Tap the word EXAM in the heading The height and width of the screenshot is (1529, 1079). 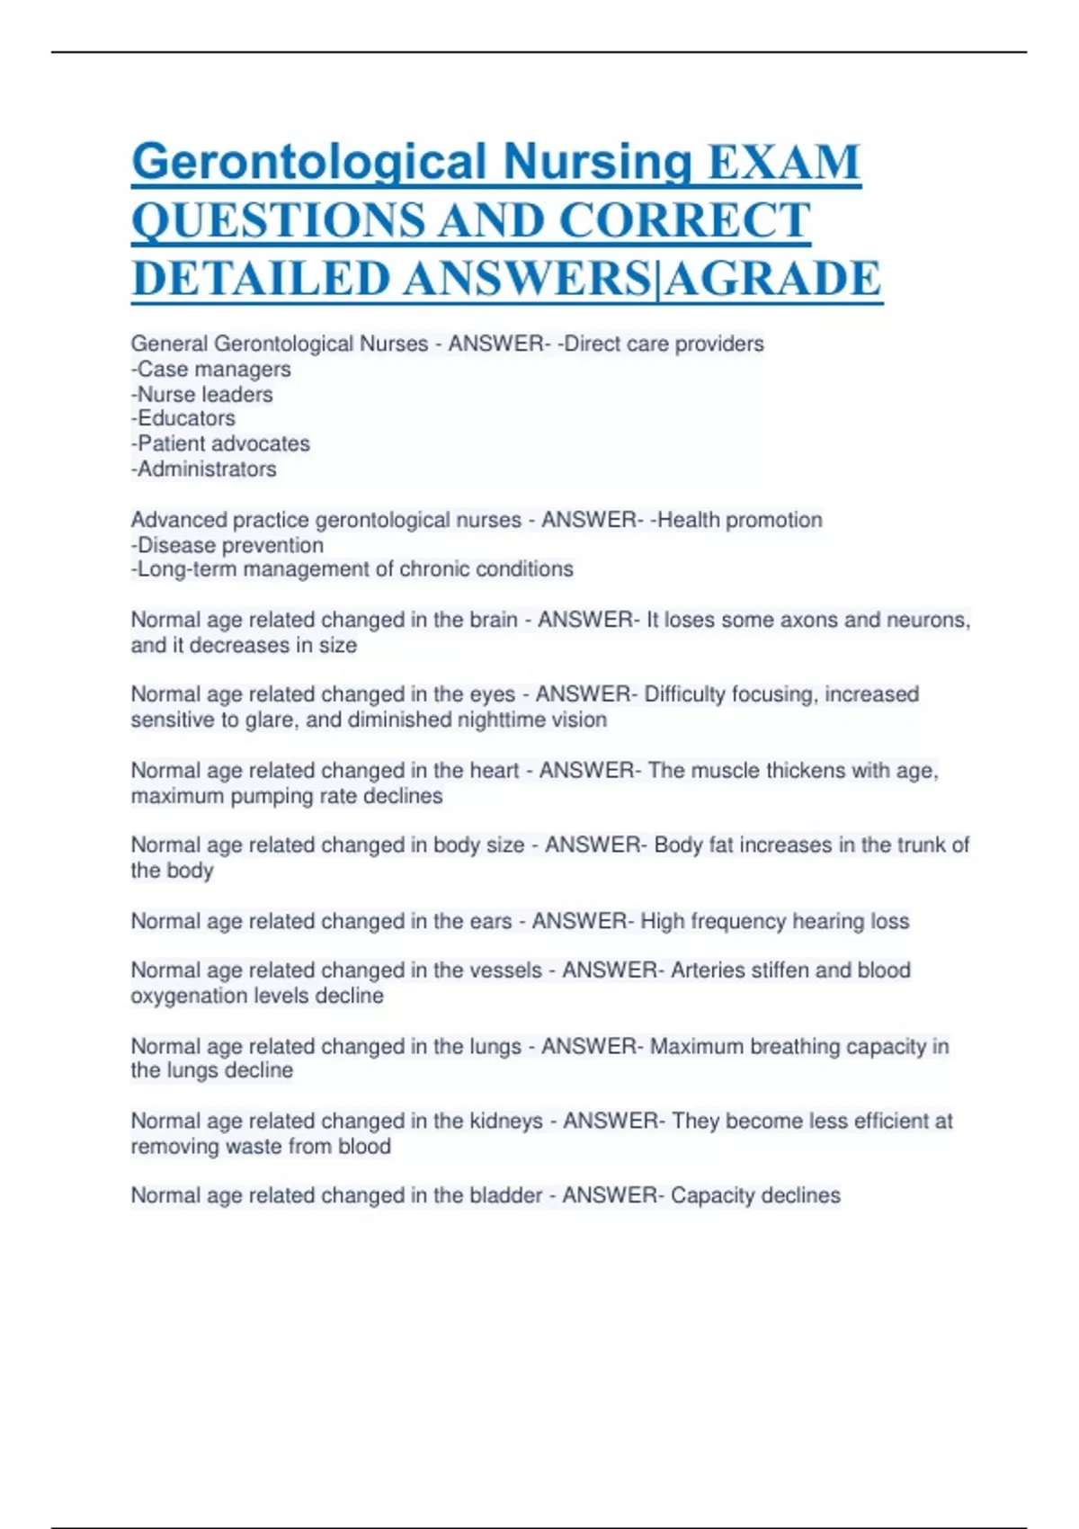click(x=784, y=163)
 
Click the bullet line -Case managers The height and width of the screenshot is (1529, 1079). click(x=210, y=369)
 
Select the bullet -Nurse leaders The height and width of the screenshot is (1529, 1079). click(x=201, y=394)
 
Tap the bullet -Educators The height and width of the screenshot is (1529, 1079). click(x=183, y=418)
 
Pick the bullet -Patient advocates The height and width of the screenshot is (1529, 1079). click(x=220, y=443)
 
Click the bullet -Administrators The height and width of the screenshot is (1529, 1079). click(x=203, y=469)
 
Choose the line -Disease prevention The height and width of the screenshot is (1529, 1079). click(x=227, y=545)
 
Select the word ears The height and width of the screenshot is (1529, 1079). click(x=490, y=921)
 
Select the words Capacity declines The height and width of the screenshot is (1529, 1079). click(x=755, y=1195)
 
